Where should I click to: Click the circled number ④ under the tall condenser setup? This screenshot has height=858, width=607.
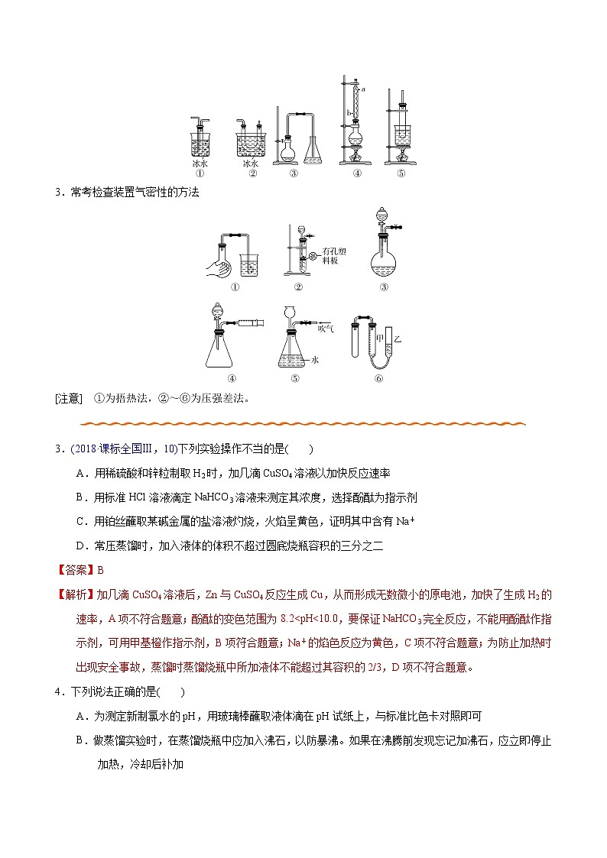point(357,173)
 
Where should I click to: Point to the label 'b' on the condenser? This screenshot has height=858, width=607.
point(348,113)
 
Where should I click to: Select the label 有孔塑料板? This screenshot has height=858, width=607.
point(335,256)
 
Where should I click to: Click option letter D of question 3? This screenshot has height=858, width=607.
point(80,546)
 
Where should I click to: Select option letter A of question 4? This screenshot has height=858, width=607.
point(80,716)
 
